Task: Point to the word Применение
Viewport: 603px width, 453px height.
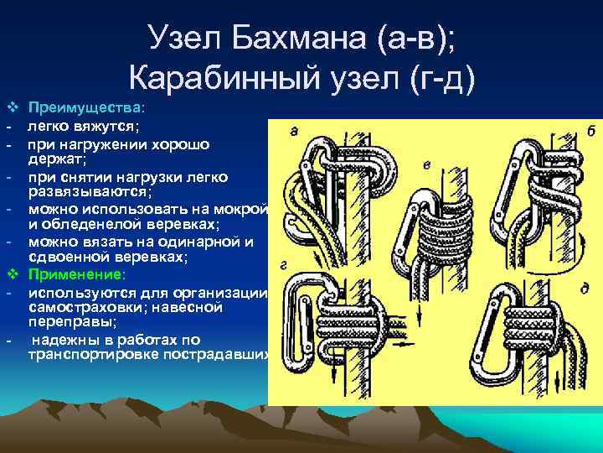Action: pos(76,274)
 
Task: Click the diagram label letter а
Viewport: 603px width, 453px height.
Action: pos(293,130)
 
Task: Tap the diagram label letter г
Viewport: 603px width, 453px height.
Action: pos(286,266)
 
